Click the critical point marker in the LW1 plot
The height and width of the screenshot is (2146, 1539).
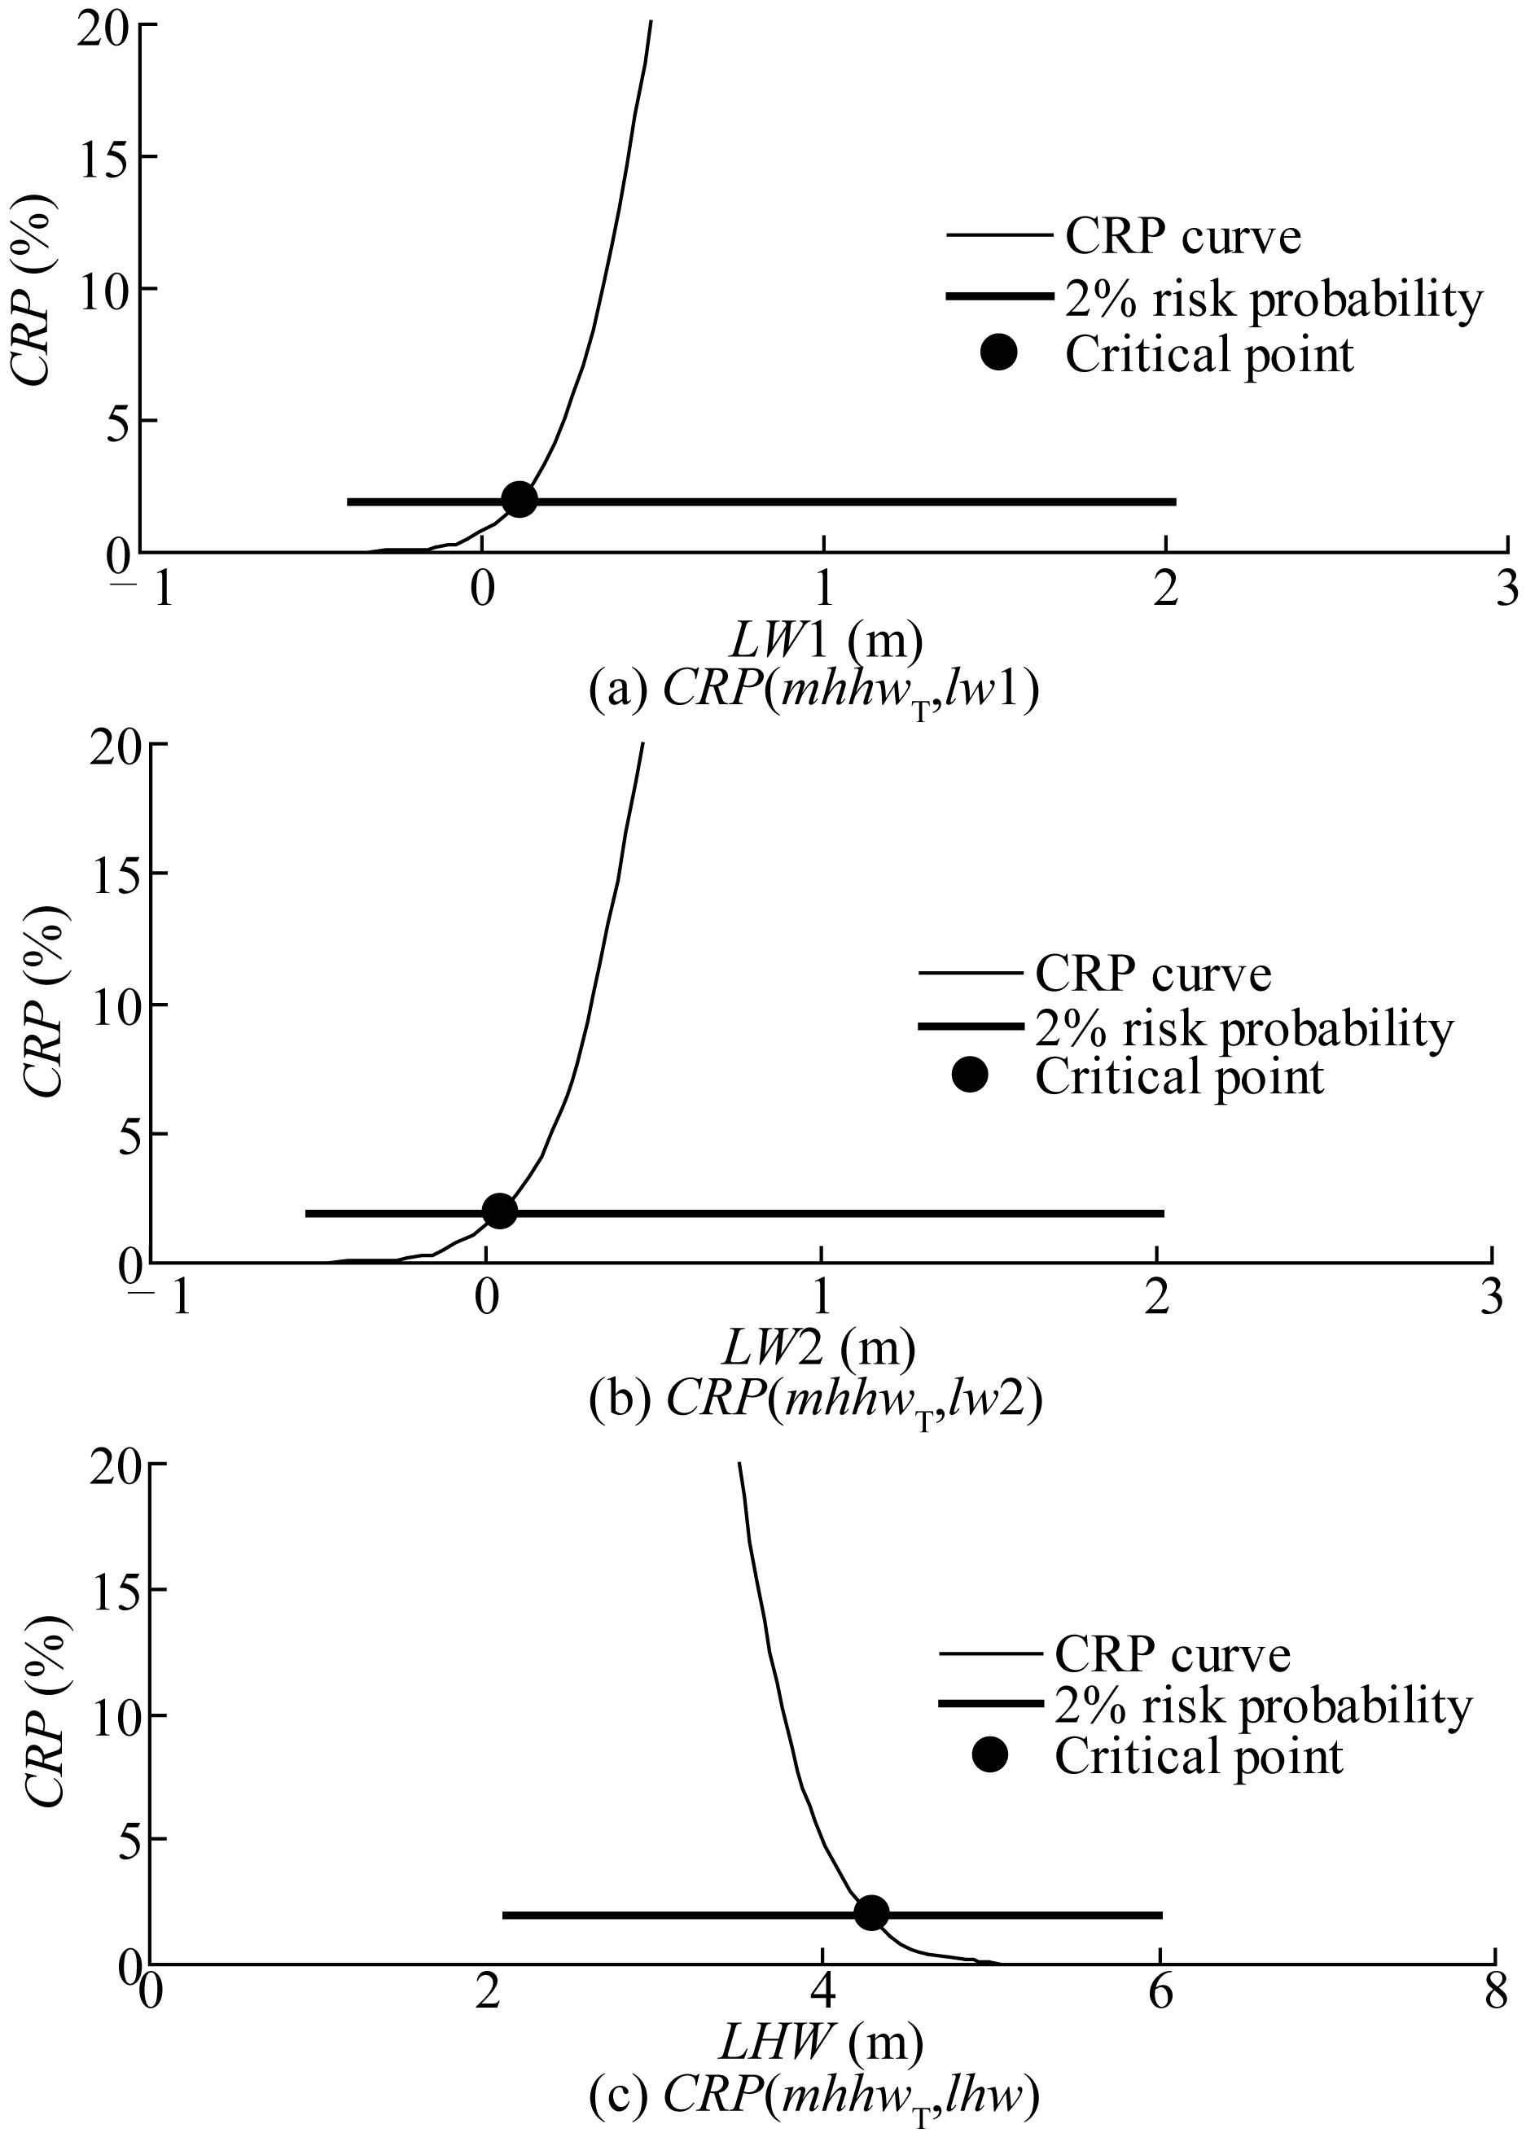coord(519,500)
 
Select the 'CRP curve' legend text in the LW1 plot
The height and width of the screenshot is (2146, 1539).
coord(1183,237)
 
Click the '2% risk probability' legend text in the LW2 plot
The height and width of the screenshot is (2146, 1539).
coord(1243,1027)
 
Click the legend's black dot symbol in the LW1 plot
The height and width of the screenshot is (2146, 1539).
coord(998,354)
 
